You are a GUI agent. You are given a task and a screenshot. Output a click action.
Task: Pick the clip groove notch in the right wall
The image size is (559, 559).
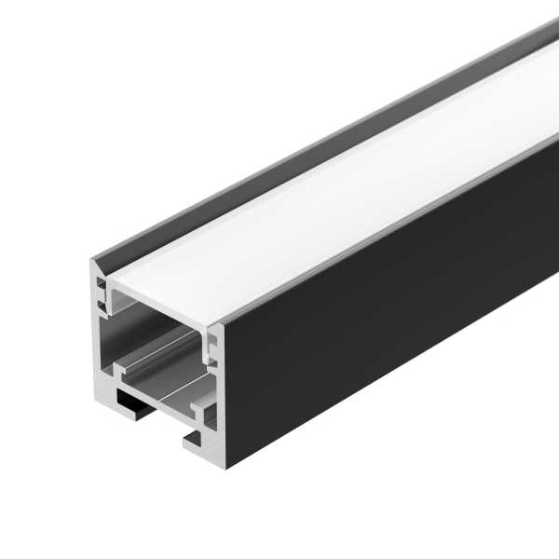(x=211, y=349)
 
